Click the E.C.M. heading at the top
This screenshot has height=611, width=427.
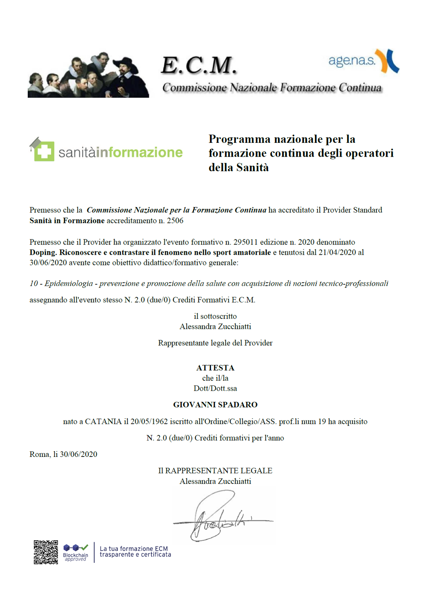pos(199,65)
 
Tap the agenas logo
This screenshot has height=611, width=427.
pos(363,61)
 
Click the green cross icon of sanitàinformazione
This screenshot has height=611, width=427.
pos(44,151)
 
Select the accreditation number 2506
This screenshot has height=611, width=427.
pos(175,221)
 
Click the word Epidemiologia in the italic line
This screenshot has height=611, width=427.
pos(69,283)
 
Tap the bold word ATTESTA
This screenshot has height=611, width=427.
pos(215,368)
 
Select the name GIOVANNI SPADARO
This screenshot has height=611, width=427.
pos(215,405)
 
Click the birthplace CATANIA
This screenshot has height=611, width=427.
pos(103,422)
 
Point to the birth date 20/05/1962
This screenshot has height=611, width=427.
pos(149,422)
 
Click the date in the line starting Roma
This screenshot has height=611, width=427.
pos(78,454)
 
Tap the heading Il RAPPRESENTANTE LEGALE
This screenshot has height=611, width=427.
pos(215,471)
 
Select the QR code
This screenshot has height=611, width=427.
pos(46,552)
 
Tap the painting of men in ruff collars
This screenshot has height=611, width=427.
pos(88,75)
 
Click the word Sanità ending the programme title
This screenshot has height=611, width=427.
pos(252,168)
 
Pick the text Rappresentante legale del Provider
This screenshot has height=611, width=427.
pos(215,343)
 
